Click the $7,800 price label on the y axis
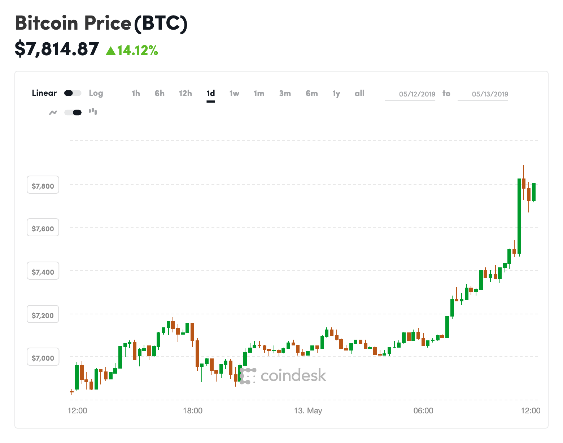point(43,186)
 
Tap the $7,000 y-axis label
point(43,358)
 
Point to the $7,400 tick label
point(43,272)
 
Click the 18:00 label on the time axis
point(192,410)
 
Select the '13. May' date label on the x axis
point(308,410)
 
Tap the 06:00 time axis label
point(423,410)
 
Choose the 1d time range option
point(211,93)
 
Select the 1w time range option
point(234,93)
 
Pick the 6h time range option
point(160,93)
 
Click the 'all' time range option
point(359,93)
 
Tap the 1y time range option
point(336,94)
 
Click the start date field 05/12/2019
point(417,94)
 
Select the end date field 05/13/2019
point(490,94)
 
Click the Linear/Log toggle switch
point(73,93)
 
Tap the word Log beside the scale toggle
point(96,93)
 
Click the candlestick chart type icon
point(93,112)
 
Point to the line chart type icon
point(53,112)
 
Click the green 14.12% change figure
point(132,50)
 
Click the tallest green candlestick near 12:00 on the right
point(519,216)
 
